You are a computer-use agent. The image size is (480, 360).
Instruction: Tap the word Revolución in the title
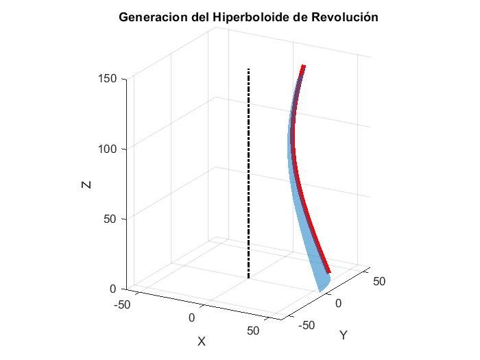[344, 17]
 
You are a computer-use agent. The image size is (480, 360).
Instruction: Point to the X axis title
[202, 341]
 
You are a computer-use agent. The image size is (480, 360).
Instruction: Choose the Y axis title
[344, 335]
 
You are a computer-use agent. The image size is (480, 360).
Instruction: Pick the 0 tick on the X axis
[191, 317]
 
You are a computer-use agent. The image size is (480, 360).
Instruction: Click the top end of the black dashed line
[248, 69]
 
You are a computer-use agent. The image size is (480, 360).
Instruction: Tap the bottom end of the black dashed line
[248, 277]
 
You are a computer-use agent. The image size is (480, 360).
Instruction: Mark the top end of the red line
[304, 66]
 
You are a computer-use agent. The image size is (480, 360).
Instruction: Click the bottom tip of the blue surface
[320, 291]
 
